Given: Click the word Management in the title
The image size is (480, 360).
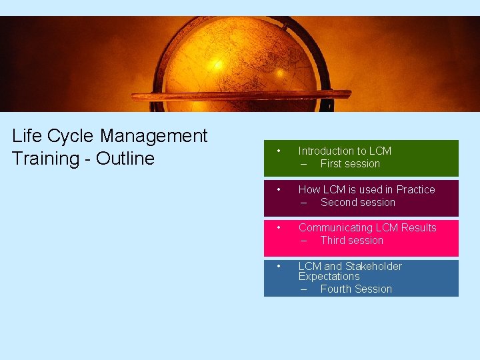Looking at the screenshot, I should tap(154, 136).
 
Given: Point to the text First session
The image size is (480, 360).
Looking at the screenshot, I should tap(350, 163).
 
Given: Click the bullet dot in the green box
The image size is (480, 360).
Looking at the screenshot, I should tap(279, 150).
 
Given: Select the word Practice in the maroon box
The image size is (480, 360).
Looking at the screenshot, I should tap(415, 189).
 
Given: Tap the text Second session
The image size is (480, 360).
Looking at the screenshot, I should tap(358, 202).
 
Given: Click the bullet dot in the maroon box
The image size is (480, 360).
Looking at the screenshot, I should tap(279, 189).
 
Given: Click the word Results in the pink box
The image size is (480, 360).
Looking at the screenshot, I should tap(419, 227).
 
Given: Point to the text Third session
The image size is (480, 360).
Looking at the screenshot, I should tap(352, 240).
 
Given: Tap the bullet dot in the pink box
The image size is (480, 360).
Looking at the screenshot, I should tap(279, 227).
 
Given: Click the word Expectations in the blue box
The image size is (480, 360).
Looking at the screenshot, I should tap(329, 276).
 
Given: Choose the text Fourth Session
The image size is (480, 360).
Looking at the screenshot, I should tap(356, 289).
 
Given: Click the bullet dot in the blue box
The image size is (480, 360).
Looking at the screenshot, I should tap(279, 265).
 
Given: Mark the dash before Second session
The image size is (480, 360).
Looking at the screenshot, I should tap(303, 203).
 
